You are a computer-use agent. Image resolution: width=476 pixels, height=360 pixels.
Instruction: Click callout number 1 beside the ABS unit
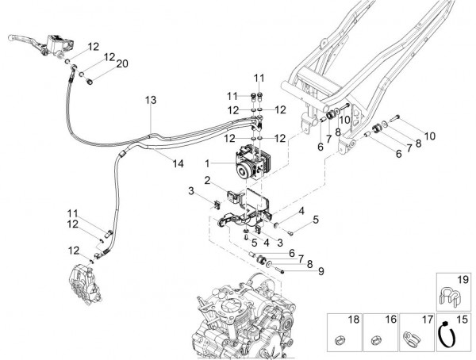[x=209, y=163]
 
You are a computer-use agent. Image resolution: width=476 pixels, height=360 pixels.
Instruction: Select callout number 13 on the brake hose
[x=152, y=100]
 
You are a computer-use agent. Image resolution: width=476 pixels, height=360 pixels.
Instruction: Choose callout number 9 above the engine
[x=321, y=271]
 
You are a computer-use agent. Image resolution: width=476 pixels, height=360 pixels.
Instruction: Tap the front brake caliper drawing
[x=83, y=281]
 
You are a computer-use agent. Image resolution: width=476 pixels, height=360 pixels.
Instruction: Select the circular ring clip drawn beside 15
[x=447, y=336]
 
